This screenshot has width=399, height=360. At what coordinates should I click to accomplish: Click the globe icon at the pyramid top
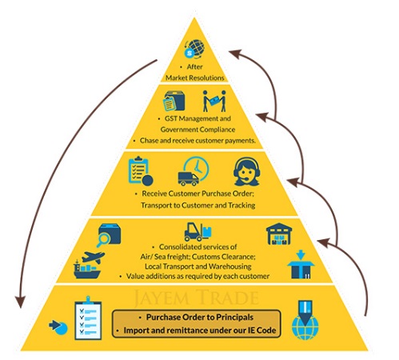click(x=194, y=49)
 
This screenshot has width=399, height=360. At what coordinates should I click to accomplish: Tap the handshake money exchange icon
click(x=214, y=101)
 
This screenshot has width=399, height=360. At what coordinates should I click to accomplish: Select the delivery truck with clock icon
click(x=194, y=171)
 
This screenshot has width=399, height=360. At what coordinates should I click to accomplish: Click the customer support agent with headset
click(x=246, y=171)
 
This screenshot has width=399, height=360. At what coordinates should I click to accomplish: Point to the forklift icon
click(x=198, y=232)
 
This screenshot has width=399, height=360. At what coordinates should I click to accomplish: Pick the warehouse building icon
click(x=279, y=234)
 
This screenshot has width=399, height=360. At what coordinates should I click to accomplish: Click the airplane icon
click(x=93, y=257)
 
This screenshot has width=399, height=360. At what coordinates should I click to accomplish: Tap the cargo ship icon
click(x=87, y=270)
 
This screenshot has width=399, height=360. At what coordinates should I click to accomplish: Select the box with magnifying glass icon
click(x=109, y=235)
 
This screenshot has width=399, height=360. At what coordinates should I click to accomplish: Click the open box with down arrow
click(x=301, y=265)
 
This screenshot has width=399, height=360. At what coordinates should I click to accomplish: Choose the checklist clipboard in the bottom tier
click(x=88, y=318)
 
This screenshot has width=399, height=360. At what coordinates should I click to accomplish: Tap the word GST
click(x=171, y=118)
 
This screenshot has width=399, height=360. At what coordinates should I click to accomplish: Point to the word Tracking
click(x=241, y=206)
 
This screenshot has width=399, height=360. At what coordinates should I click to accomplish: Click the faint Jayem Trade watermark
click(x=196, y=298)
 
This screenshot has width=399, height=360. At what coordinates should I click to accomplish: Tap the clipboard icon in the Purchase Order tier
click(x=138, y=170)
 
